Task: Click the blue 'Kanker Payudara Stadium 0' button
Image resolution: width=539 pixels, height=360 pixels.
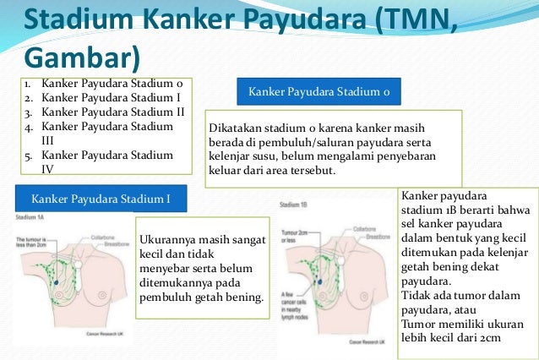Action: [x=319, y=91]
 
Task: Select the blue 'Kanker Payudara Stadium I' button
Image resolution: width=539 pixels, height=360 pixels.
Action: [x=101, y=199]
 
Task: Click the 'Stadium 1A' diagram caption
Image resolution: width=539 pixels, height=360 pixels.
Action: [x=30, y=217]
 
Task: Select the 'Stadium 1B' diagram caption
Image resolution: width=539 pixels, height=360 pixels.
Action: [x=295, y=204]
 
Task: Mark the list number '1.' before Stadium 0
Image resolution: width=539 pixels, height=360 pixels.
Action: [x=27, y=85]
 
